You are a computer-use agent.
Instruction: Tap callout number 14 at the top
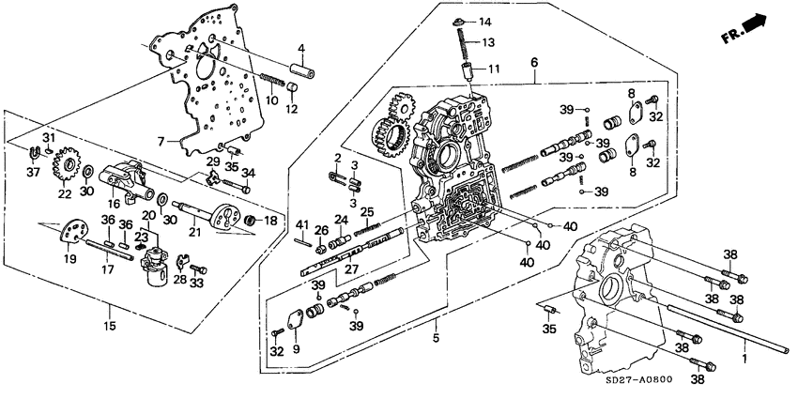coord(485,21)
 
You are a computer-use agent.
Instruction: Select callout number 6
coord(533,63)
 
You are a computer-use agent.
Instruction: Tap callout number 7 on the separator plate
coord(161,142)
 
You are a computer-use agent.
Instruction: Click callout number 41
coord(302,223)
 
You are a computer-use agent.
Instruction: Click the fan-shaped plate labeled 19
coord(70,233)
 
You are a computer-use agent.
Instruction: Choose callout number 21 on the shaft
coord(196,232)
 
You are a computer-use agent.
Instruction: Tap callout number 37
coord(33,172)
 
